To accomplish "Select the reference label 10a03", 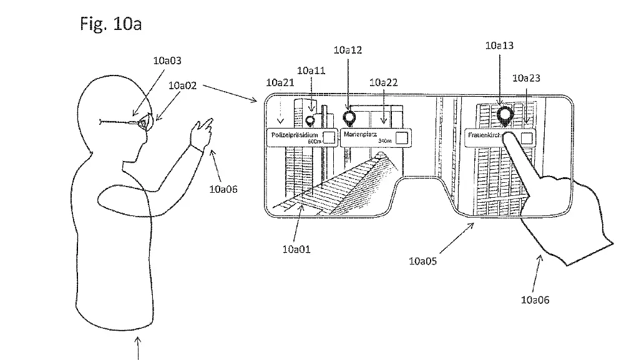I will [x=167, y=61].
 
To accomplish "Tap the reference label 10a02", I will [x=183, y=85].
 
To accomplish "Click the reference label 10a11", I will [x=311, y=71].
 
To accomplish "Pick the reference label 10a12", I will [x=348, y=51].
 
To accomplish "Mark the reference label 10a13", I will [x=500, y=46].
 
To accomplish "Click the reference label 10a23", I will [x=526, y=78].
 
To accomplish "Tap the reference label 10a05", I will [x=423, y=261].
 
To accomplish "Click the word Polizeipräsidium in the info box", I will [x=295, y=135].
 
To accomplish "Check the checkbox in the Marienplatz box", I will [x=402, y=137].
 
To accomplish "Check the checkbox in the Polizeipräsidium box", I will [x=329, y=137].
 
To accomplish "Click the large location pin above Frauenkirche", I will [x=504, y=114].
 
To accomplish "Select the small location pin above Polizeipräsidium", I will [x=310, y=120].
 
